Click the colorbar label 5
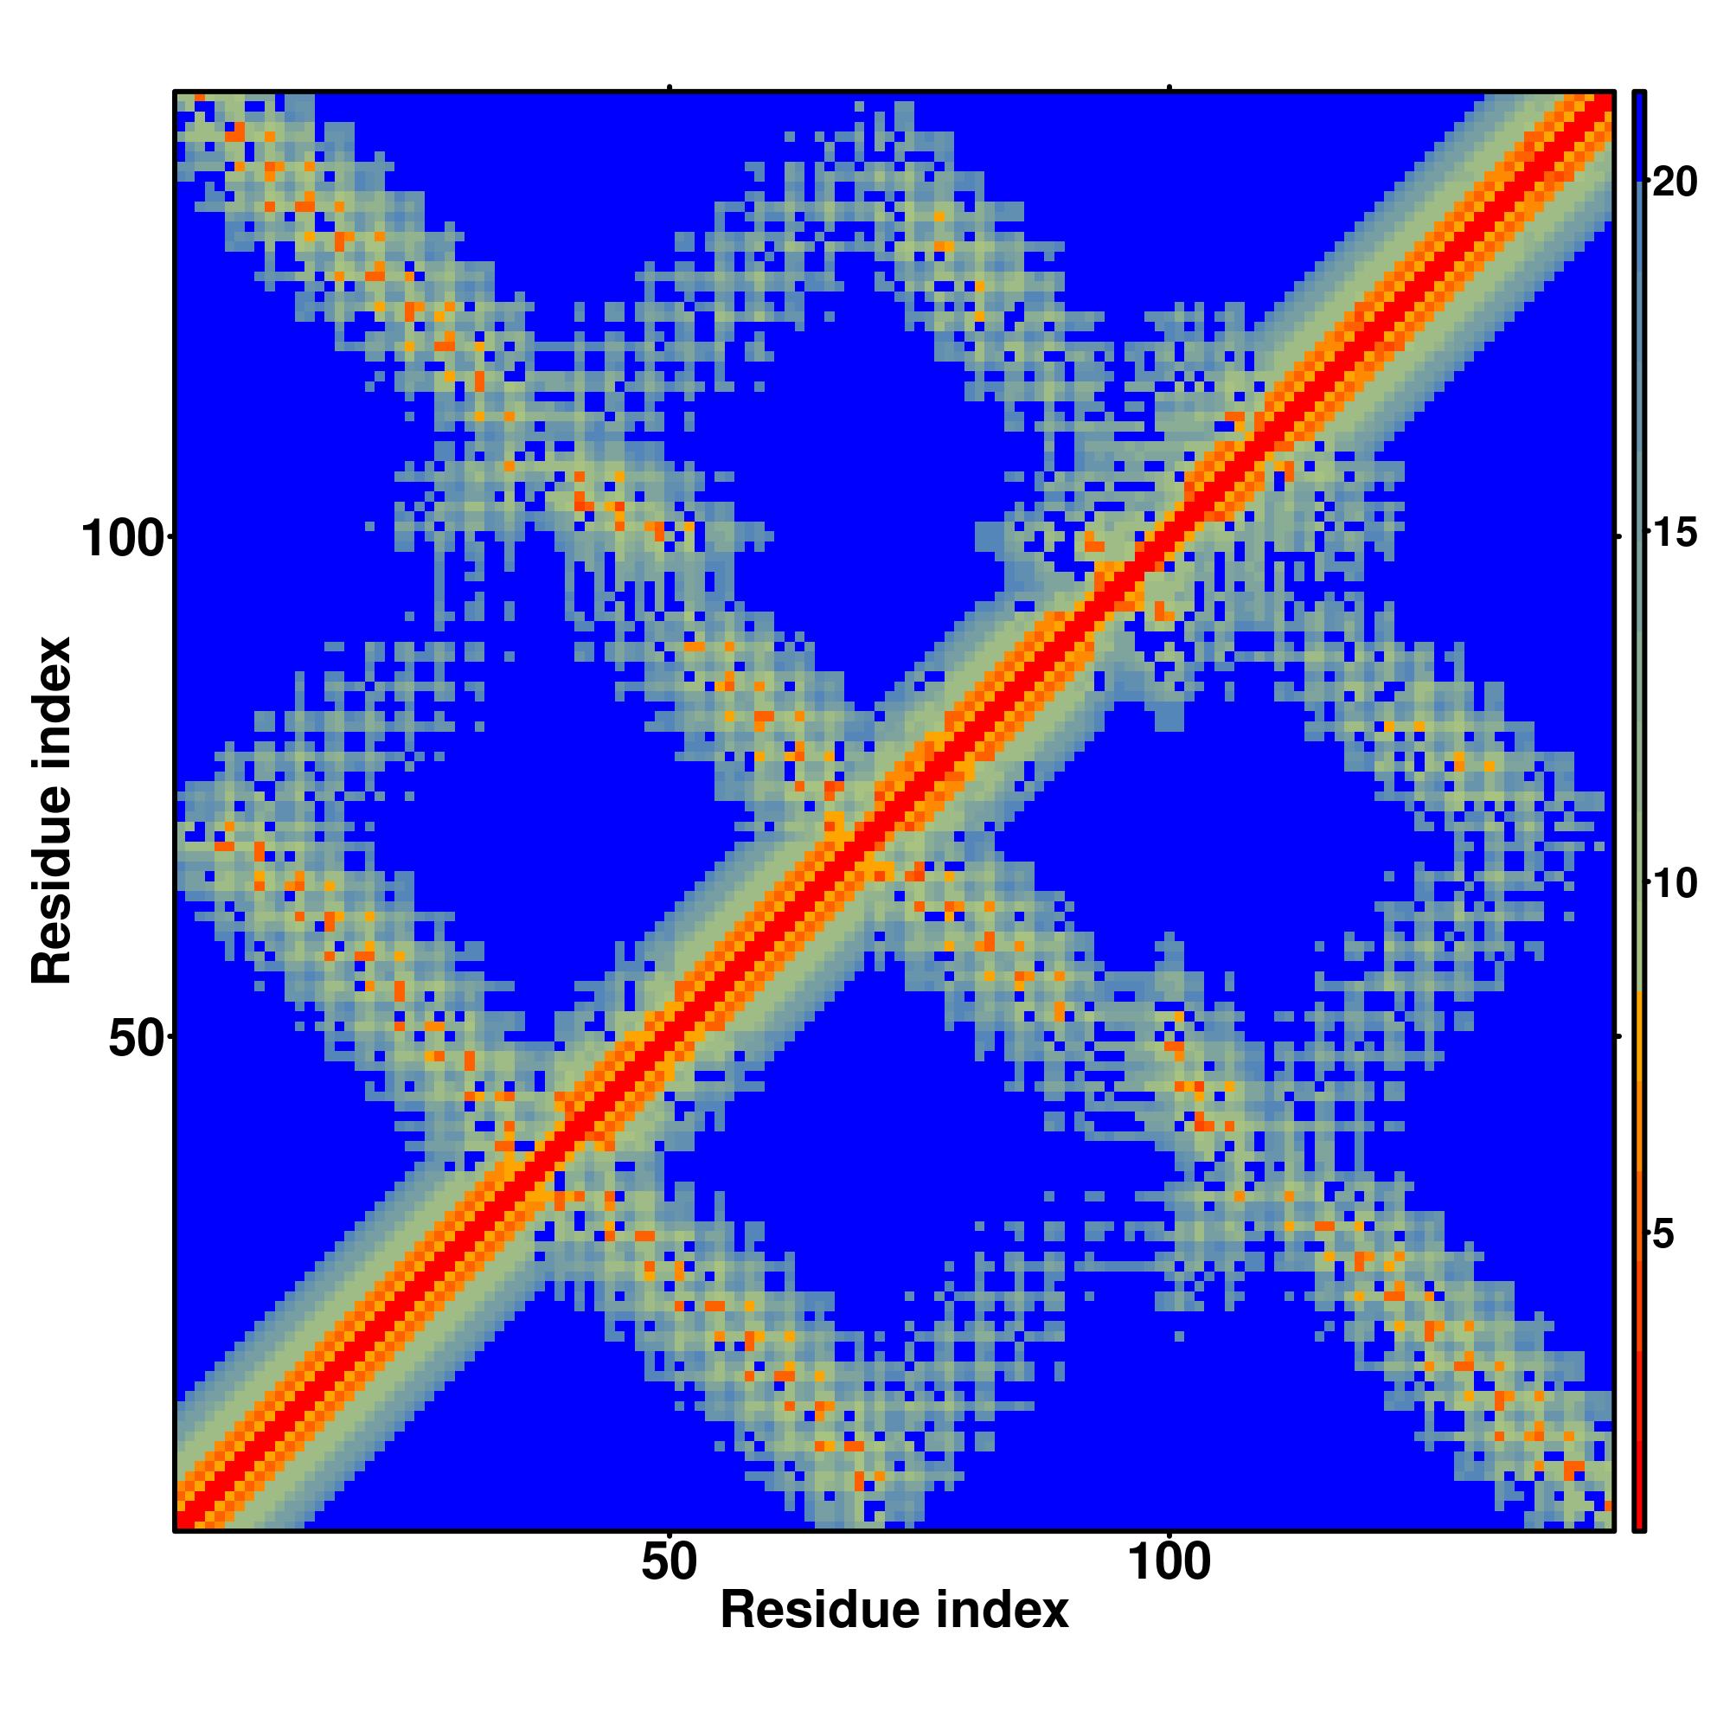click(1663, 1236)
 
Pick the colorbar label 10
click(1675, 885)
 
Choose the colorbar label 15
click(1675, 535)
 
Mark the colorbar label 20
click(1675, 183)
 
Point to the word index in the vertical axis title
click(52, 702)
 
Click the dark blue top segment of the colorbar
click(1639, 134)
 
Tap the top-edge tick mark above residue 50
click(670, 86)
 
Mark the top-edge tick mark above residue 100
click(1169, 86)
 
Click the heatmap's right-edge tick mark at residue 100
click(1619, 535)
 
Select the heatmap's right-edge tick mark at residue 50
click(1619, 1036)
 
